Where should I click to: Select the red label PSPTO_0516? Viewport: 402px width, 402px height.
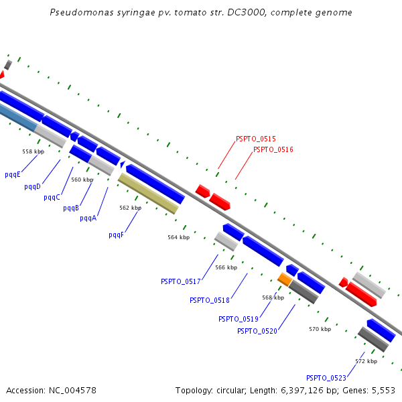click(273, 149)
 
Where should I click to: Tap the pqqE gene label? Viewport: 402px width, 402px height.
click(13, 175)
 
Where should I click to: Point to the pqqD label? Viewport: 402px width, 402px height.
click(32, 186)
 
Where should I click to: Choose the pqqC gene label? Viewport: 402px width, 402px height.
click(52, 197)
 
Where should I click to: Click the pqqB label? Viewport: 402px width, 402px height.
click(71, 208)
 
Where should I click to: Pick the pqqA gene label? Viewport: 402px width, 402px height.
click(88, 218)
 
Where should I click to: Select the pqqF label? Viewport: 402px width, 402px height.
click(116, 235)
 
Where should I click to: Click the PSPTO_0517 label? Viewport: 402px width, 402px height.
click(181, 281)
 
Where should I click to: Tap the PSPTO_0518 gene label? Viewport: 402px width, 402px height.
click(210, 300)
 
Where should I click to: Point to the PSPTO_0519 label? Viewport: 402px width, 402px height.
click(239, 319)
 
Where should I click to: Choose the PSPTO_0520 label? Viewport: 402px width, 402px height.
click(257, 331)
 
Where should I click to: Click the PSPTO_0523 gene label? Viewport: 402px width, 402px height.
click(326, 378)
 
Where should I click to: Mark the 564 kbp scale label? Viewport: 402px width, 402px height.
click(179, 237)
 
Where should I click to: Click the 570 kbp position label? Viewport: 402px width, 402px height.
click(320, 329)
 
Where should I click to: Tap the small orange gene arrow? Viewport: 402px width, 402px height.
click(285, 279)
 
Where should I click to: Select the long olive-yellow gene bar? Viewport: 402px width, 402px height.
click(148, 194)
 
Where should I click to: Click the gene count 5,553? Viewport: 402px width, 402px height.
click(383, 391)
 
